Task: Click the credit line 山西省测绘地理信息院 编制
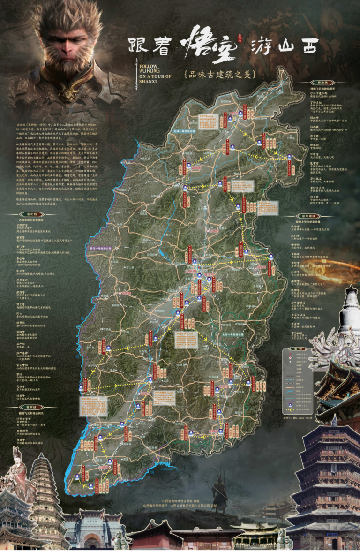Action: point(180,501)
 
